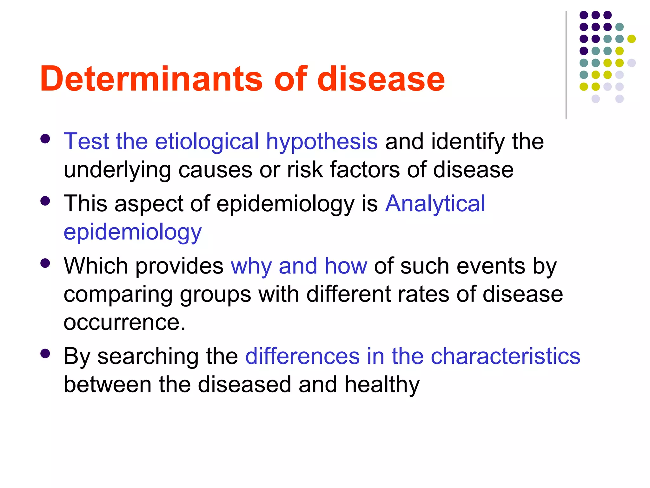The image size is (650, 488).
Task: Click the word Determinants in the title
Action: pyautogui.click(x=151, y=79)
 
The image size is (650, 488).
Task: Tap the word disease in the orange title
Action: pyautogui.click(x=381, y=79)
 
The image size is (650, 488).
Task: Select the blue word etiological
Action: pyautogui.click(x=207, y=141)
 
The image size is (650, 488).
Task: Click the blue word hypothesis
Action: pyautogui.click(x=322, y=141)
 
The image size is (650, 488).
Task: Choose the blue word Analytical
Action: pyautogui.click(x=435, y=203)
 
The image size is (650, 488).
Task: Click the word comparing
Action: pyautogui.click(x=118, y=294)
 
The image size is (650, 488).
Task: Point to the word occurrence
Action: pyautogui.click(x=124, y=322)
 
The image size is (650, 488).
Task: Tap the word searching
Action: pyautogui.click(x=148, y=356)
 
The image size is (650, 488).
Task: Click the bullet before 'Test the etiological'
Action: pyautogui.click(x=45, y=139)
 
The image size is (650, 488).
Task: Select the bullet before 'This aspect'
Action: pyautogui.click(x=45, y=201)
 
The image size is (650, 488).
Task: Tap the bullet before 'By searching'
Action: pyautogui.click(x=45, y=354)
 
